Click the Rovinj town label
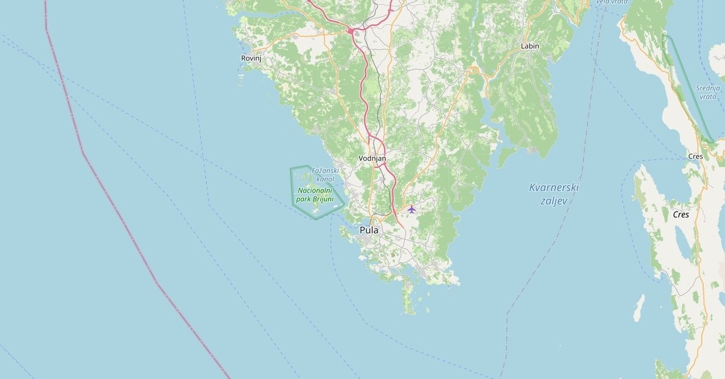(x=251, y=58)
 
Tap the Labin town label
(x=530, y=46)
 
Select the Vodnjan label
(x=372, y=158)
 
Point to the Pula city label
(x=369, y=230)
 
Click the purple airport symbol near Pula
(x=411, y=209)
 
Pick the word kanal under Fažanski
(x=325, y=179)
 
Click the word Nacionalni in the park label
(x=315, y=190)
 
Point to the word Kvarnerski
(x=554, y=187)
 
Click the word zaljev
(x=554, y=201)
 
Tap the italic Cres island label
(x=681, y=215)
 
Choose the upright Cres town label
(x=695, y=157)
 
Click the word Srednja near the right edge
(x=707, y=88)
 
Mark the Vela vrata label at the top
(x=611, y=2)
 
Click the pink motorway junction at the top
(x=350, y=30)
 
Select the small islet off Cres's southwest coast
(x=639, y=308)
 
